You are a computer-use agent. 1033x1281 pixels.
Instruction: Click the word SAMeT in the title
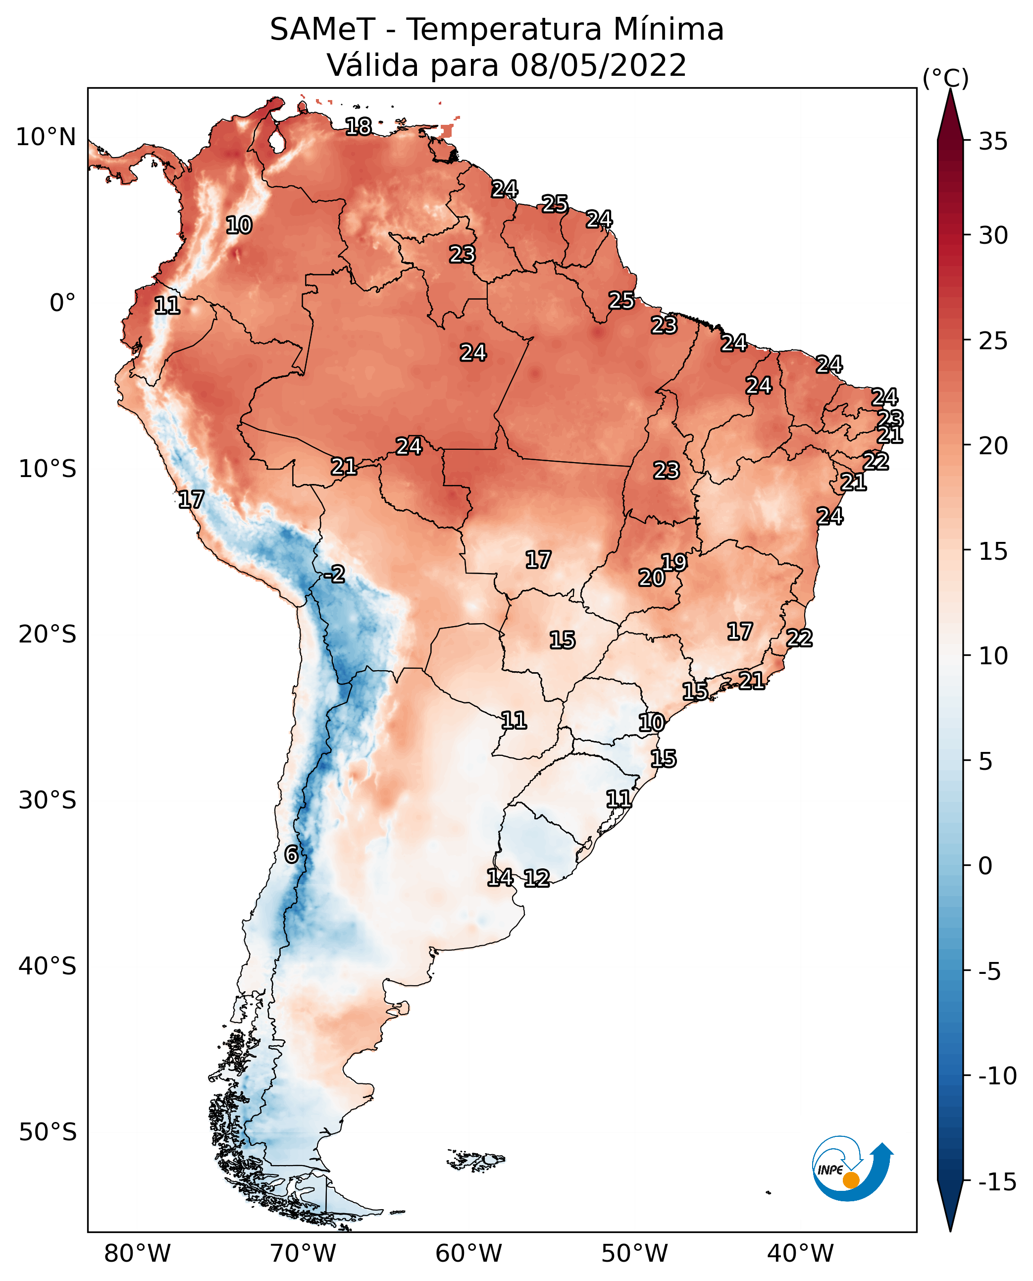pos(322,30)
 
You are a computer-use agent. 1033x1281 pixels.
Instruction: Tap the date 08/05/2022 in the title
pos(598,65)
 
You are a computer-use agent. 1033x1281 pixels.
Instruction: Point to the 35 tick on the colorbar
pos(993,142)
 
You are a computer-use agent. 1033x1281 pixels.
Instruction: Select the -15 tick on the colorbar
pos(997,1181)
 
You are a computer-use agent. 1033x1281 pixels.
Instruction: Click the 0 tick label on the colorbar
pos(985,866)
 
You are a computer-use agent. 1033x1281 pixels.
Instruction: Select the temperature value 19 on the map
pos(674,562)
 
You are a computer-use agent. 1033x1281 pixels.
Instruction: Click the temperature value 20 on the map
pos(652,578)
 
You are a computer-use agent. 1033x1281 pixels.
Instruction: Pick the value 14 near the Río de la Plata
pos(500,877)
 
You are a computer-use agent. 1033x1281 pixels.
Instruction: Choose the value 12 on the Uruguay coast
pos(537,878)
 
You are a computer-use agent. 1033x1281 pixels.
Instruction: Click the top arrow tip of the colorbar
pos(950,91)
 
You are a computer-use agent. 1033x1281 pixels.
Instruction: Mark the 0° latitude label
pos(62,303)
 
